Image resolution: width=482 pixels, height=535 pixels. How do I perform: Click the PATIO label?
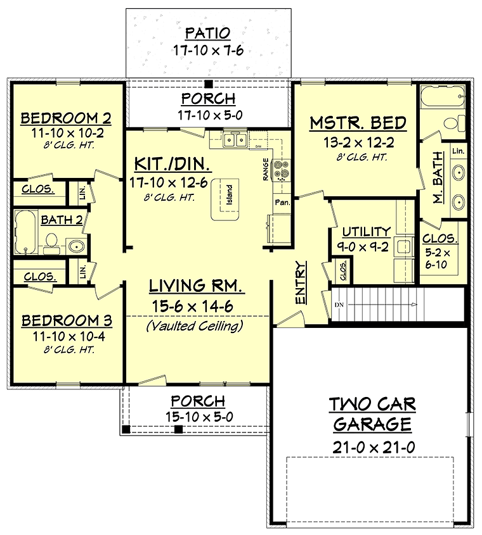[208, 33]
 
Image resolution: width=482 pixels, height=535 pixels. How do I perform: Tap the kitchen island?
[225, 199]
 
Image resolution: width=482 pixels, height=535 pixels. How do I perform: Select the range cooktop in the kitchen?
[281, 170]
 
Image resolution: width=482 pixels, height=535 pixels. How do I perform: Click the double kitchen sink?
[235, 140]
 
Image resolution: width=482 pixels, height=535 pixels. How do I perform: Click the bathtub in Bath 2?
[25, 232]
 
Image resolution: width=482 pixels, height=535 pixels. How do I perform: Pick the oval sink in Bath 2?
[77, 246]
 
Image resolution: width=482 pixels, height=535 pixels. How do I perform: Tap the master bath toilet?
[454, 123]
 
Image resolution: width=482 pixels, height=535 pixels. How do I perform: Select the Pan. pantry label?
[282, 203]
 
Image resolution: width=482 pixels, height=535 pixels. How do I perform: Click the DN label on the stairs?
[339, 305]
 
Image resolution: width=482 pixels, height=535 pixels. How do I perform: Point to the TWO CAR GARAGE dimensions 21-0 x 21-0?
[374, 447]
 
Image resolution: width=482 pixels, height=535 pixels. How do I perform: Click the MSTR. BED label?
[358, 123]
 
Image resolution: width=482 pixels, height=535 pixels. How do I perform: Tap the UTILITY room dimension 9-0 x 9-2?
[363, 247]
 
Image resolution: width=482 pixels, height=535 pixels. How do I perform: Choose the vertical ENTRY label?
[301, 282]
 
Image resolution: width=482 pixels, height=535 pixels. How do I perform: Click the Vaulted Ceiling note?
[195, 326]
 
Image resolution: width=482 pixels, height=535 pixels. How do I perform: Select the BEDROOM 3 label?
[67, 321]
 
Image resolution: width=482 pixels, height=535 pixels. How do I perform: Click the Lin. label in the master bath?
[458, 151]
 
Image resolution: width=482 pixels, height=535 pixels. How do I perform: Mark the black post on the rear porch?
[208, 84]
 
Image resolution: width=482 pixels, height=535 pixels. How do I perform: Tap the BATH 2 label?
[62, 220]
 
